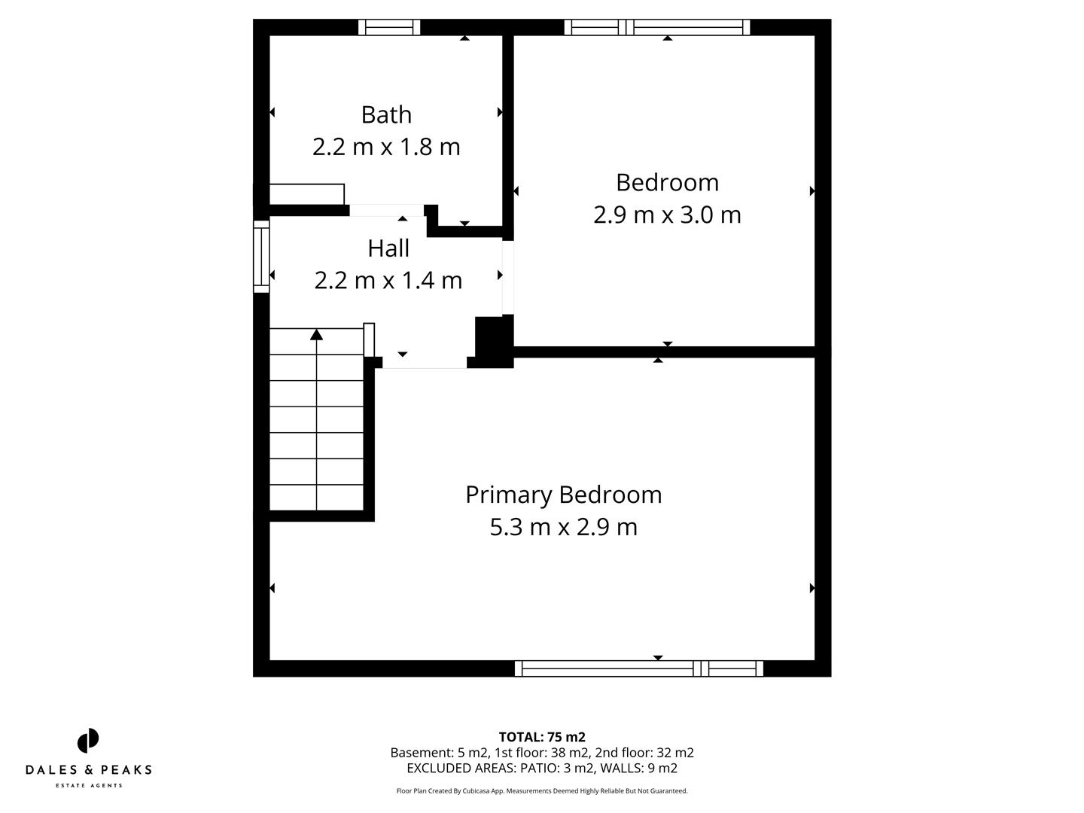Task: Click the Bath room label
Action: pos(386,114)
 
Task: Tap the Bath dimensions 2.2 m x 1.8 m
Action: pos(386,147)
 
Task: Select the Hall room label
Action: pos(388,248)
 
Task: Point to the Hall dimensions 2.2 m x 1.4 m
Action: pos(388,280)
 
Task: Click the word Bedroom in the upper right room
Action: pos(667,182)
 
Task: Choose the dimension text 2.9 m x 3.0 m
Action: pos(667,215)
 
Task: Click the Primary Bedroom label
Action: pos(563,495)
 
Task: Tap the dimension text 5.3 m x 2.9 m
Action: pos(563,527)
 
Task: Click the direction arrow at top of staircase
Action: pos(317,334)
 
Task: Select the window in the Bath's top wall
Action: pos(389,28)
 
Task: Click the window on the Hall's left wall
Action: pos(261,257)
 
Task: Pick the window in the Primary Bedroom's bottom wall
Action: pos(639,668)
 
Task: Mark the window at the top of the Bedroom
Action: pos(657,28)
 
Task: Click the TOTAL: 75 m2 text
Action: pos(542,737)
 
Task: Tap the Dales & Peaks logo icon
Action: pos(88,741)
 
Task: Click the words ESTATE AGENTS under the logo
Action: pos(88,786)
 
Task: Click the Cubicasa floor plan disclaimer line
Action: pos(542,791)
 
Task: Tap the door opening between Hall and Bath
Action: pos(387,211)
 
